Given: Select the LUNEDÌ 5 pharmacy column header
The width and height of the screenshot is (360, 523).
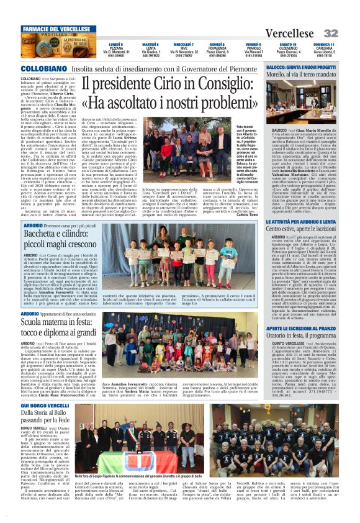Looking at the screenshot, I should (x=115, y=45).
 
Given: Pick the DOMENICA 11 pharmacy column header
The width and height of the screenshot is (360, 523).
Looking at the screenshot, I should (x=323, y=45).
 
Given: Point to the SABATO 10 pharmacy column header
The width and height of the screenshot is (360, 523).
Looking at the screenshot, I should (x=288, y=45).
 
